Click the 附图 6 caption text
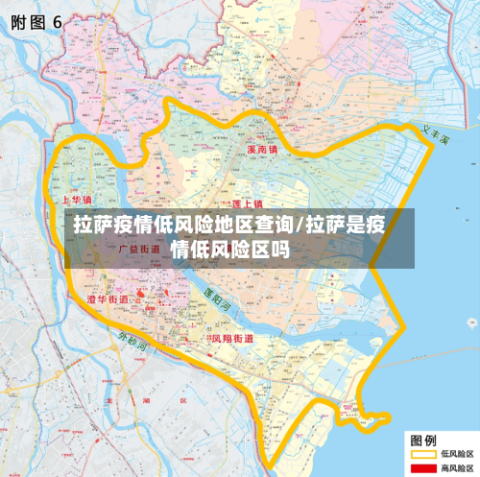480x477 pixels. (x=36, y=24)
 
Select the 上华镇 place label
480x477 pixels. (x=76, y=201)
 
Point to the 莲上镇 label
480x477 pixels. (x=248, y=204)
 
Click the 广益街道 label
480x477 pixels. (x=138, y=249)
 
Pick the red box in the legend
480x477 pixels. (x=422, y=468)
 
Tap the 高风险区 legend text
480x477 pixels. (x=457, y=468)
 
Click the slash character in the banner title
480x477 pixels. (x=300, y=227)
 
